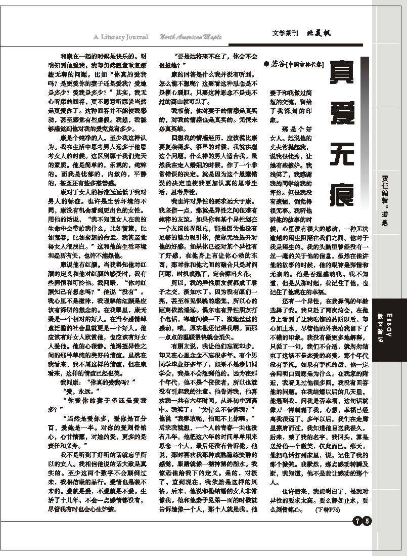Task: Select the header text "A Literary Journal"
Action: pyautogui.click(x=121, y=36)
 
